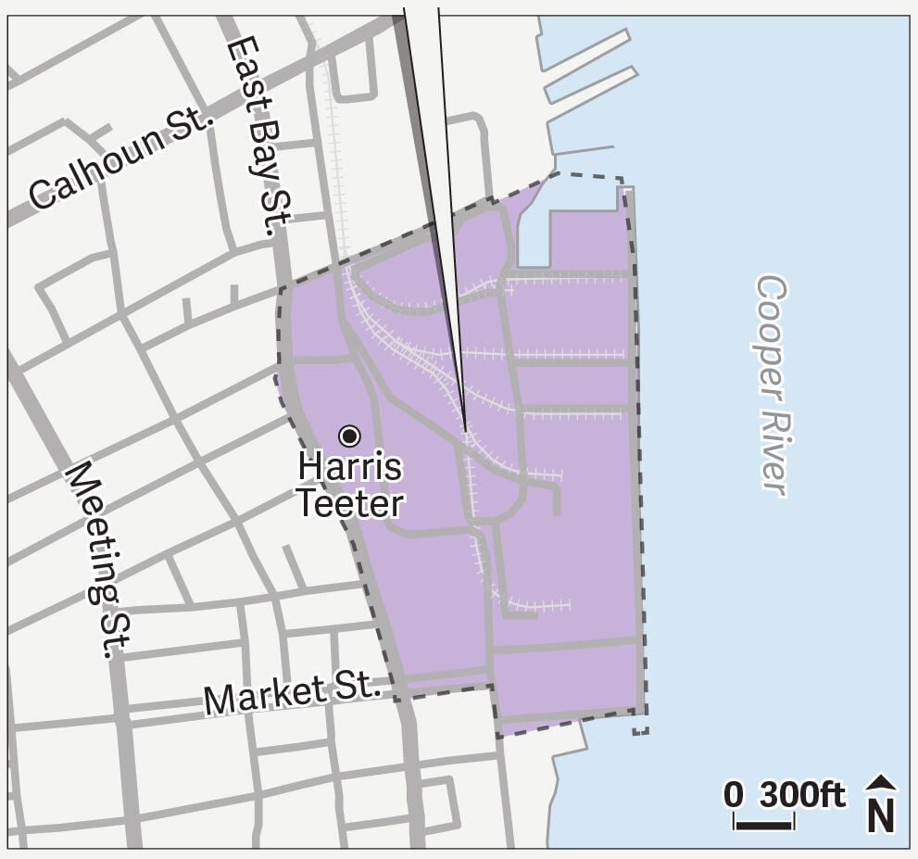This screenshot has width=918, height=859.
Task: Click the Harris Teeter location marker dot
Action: point(349,435)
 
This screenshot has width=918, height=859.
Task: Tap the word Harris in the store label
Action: point(350,467)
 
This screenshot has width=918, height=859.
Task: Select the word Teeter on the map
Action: point(350,503)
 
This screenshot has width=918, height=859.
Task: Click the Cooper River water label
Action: point(772,385)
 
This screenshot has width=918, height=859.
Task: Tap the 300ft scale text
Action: point(802,795)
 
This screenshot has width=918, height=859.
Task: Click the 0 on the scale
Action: point(733,795)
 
